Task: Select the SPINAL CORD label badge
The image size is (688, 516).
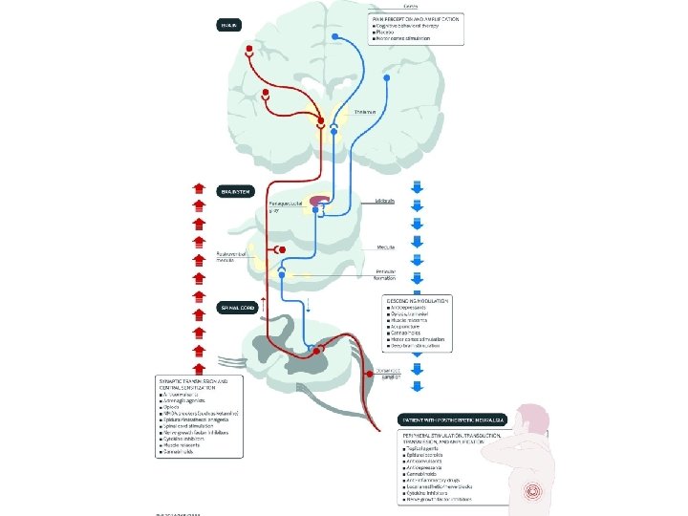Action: (236, 308)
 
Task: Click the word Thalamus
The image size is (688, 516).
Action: (364, 112)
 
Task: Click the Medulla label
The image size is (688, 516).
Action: (386, 247)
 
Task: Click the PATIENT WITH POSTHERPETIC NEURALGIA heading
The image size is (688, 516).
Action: (453, 420)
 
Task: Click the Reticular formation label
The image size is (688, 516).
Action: (385, 275)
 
